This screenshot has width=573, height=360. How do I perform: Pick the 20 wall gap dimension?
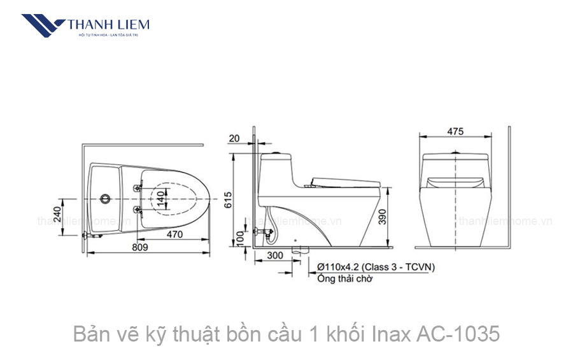click(x=234, y=138)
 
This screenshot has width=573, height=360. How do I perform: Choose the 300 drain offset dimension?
click(x=275, y=256)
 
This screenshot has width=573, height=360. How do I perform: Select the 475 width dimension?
click(x=455, y=132)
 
